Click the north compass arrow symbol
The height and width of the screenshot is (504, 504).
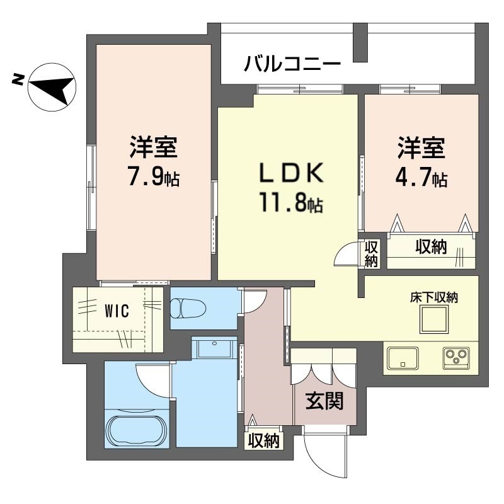[x=52, y=87]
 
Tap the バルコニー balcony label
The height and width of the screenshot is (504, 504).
[x=292, y=63]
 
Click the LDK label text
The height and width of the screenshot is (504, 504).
[x=292, y=173]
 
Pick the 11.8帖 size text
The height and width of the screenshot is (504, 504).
[x=292, y=203]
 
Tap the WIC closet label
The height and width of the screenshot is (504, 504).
[x=117, y=311]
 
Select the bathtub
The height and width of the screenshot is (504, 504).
[x=137, y=429]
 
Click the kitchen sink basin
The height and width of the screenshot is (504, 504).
[x=403, y=358]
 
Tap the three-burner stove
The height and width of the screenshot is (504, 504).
[x=456, y=358]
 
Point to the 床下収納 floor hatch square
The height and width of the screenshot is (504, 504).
[x=434, y=319]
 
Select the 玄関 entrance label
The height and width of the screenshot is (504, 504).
[x=324, y=401]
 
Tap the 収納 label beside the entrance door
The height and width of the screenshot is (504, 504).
[x=263, y=440]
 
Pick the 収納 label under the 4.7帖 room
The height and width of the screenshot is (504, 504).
[x=431, y=247]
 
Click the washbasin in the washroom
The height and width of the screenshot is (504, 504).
[x=214, y=348]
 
